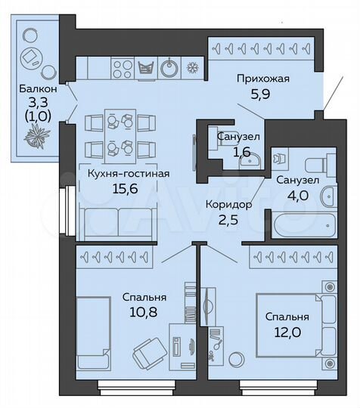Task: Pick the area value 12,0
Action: (x=288, y=332)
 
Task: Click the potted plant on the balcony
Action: (x=36, y=138)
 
